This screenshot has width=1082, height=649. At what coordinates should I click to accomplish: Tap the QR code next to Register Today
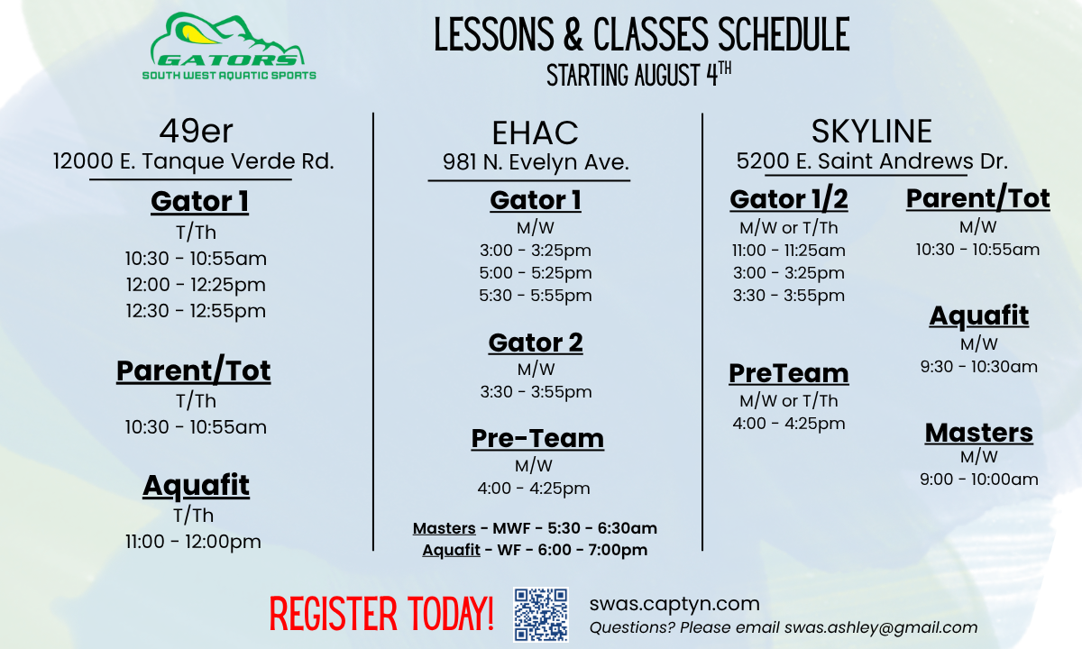(540, 614)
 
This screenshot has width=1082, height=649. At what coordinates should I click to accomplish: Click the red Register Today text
(381, 614)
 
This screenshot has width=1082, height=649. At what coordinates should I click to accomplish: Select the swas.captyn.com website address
(674, 604)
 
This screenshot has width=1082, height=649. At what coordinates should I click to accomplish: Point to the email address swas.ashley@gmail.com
(880, 628)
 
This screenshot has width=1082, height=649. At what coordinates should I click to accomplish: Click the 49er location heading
(196, 132)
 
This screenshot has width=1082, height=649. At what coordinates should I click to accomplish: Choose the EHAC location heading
(535, 133)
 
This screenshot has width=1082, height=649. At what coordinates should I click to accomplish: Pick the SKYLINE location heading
(871, 132)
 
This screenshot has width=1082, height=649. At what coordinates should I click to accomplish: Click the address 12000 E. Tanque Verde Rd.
(194, 162)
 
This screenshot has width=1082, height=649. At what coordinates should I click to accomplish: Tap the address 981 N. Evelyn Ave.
(536, 163)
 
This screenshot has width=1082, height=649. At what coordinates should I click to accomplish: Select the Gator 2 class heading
(536, 343)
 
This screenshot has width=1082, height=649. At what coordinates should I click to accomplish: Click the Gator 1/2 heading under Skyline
(789, 198)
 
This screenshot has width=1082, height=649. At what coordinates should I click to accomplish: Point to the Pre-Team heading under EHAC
(537, 439)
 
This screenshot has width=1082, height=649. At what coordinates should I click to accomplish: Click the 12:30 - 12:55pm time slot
(196, 311)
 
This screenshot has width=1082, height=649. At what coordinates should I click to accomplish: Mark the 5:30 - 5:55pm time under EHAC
(536, 296)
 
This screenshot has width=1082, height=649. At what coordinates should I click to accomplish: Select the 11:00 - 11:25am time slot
(788, 251)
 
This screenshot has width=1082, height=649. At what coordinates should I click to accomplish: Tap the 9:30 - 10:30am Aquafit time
(978, 367)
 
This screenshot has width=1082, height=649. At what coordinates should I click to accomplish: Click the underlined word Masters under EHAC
(444, 529)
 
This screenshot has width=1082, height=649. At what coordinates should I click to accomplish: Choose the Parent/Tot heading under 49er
(194, 371)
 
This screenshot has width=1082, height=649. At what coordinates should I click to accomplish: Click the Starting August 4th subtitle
(638, 76)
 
